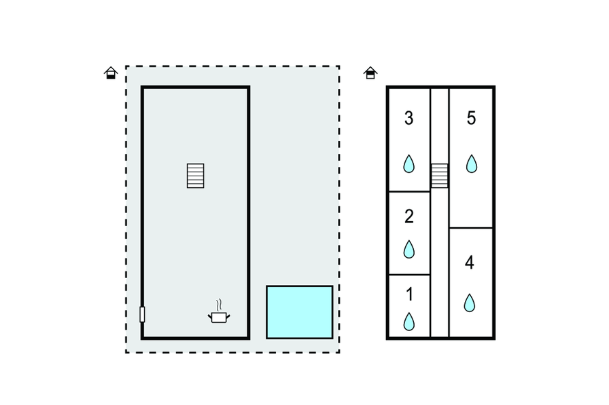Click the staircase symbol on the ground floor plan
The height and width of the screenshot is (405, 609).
[x=196, y=176]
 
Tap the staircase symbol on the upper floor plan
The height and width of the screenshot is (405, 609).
[x=440, y=176]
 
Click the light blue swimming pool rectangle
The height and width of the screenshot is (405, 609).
[x=299, y=312]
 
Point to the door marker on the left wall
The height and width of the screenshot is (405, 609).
[x=142, y=314]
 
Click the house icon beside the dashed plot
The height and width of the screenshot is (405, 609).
[x=111, y=73]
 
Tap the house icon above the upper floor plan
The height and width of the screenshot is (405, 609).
[x=370, y=73]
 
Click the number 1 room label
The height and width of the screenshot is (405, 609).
[x=409, y=294]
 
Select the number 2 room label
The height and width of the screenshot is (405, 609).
[x=408, y=216]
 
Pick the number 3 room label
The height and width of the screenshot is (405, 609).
[x=408, y=118]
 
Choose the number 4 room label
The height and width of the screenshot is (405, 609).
[x=470, y=263]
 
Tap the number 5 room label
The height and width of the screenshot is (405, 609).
[x=471, y=118]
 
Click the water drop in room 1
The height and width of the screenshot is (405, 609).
[x=409, y=321]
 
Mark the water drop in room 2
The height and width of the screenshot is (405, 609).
[x=409, y=249]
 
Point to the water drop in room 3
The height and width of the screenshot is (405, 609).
[x=409, y=163]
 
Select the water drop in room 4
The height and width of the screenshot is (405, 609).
[x=470, y=302]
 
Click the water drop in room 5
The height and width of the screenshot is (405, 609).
[x=471, y=163]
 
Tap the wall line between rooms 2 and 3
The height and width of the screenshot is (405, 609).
[x=408, y=192]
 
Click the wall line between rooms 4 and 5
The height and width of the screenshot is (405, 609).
[x=470, y=228]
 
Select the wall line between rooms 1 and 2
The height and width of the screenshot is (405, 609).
[x=408, y=275]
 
